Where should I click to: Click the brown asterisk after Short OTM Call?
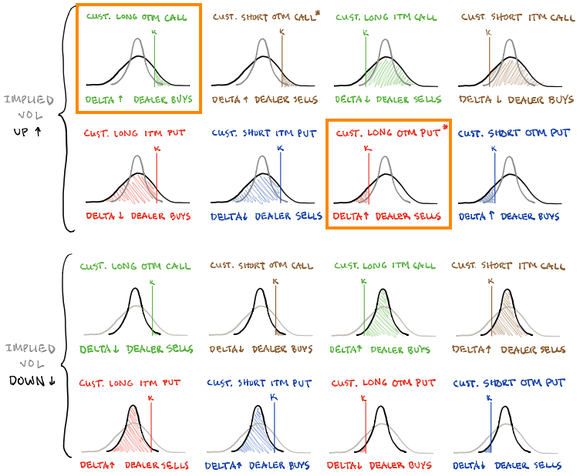(317, 13)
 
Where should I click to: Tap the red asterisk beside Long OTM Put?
(445, 128)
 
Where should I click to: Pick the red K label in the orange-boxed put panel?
(367, 149)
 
